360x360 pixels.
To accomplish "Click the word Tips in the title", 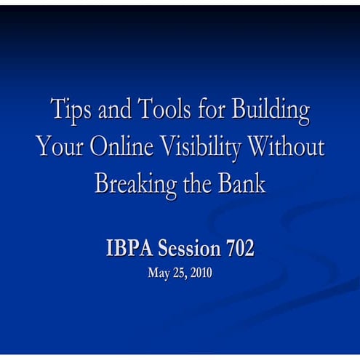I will pos(69,111).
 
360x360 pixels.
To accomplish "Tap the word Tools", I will pos(165,111).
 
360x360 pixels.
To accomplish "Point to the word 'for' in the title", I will pos(211,111).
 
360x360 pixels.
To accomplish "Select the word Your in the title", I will pos(60,146).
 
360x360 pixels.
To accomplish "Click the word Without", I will pos(285,146).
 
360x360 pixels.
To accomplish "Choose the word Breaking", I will pos(135,183).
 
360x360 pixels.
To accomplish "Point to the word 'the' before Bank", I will pos(197,182).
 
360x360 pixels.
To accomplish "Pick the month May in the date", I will pos(157,275).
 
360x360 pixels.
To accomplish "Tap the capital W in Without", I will pos(261,146).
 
